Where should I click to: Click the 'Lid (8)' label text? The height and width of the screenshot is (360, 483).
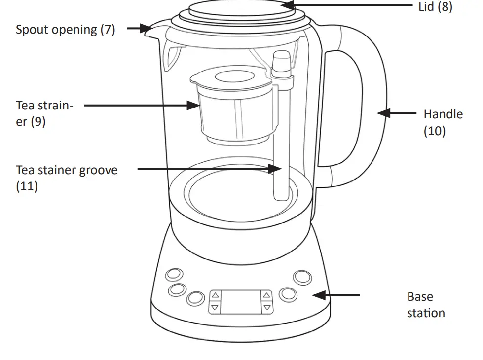pyautogui.click(x=435, y=7)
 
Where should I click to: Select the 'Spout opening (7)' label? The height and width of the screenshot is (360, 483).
pyautogui.click(x=65, y=30)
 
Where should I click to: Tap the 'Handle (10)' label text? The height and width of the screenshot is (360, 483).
pyautogui.click(x=443, y=122)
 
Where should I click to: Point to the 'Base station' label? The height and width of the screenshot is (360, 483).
pyautogui.click(x=425, y=305)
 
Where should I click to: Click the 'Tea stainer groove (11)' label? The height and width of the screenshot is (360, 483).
pyautogui.click(x=67, y=178)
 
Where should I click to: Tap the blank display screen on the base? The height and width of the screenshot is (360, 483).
pyautogui.click(x=240, y=301)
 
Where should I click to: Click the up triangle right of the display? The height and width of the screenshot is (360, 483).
pyautogui.click(x=267, y=296)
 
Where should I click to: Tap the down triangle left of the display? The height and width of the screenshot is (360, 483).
pyautogui.click(x=215, y=308)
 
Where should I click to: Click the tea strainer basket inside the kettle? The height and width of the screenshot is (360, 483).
pyautogui.click(x=231, y=113)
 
